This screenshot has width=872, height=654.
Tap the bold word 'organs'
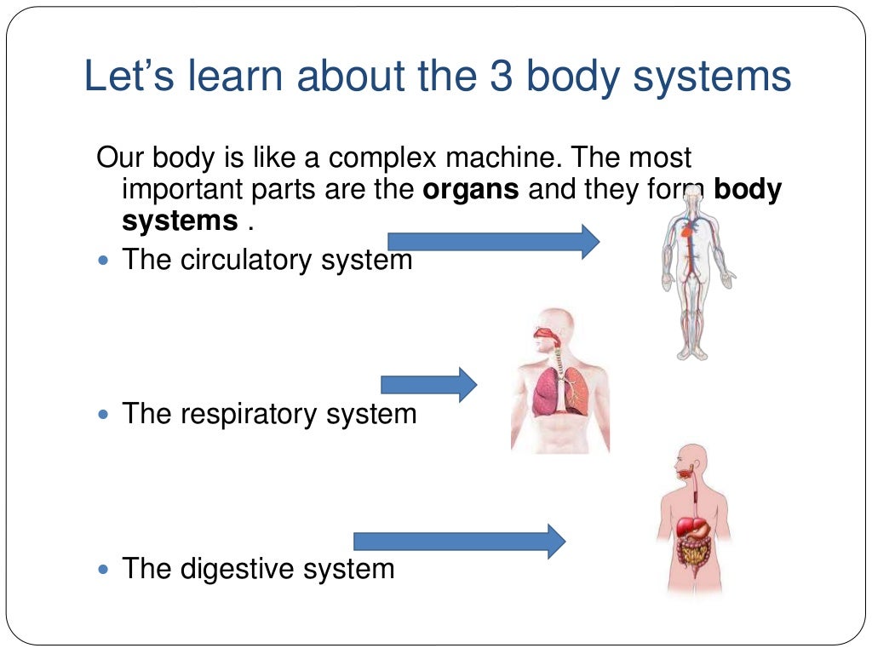(x=471, y=189)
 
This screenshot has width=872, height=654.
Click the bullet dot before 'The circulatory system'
(x=105, y=259)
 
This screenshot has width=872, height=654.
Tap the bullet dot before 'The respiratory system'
(x=105, y=415)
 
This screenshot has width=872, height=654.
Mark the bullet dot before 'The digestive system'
(x=105, y=569)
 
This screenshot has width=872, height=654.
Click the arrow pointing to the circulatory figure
(x=493, y=241)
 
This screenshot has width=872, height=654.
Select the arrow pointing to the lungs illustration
(x=428, y=385)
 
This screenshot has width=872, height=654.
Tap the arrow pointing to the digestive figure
(x=459, y=541)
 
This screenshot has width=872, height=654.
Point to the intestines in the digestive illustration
(x=692, y=554)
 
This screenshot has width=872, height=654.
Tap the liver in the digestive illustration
(x=687, y=526)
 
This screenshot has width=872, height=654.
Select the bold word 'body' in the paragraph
(x=748, y=189)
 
